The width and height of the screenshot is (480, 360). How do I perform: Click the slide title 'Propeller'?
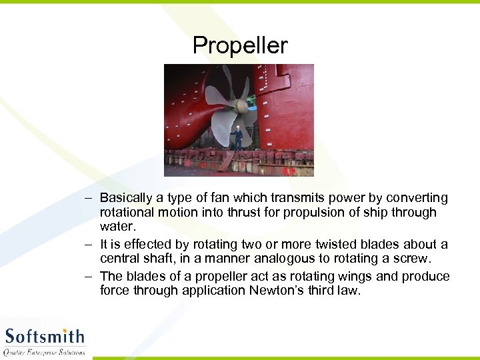[240, 45]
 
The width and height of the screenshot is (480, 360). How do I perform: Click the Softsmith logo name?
[45, 335]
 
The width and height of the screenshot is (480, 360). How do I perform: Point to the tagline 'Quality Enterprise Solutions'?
[45, 351]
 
